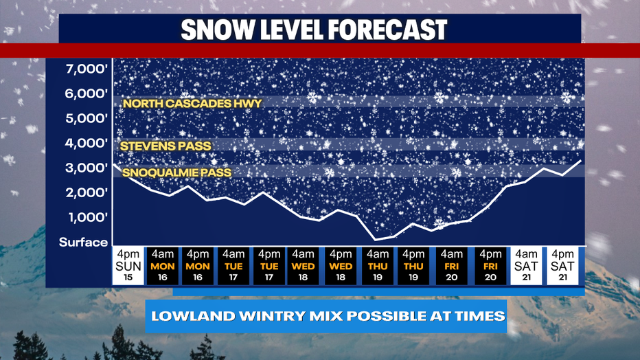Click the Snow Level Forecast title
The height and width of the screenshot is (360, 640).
(314, 29)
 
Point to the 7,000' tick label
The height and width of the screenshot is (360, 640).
(86, 69)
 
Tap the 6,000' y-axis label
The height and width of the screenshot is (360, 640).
(86, 93)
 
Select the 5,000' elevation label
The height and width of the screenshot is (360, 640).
(86, 118)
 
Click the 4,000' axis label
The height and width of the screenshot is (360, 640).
(86, 143)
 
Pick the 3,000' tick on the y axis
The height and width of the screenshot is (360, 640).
(86, 168)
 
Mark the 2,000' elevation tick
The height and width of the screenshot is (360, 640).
(86, 192)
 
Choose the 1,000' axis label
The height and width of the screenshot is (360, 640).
(86, 217)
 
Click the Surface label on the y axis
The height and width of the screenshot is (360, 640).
(83, 242)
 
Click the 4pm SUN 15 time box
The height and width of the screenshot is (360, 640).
(128, 265)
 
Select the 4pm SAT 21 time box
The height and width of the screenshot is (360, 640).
(564, 265)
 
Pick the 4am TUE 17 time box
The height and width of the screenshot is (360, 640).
(233, 265)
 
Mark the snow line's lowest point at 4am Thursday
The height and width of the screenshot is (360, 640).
(376, 240)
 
